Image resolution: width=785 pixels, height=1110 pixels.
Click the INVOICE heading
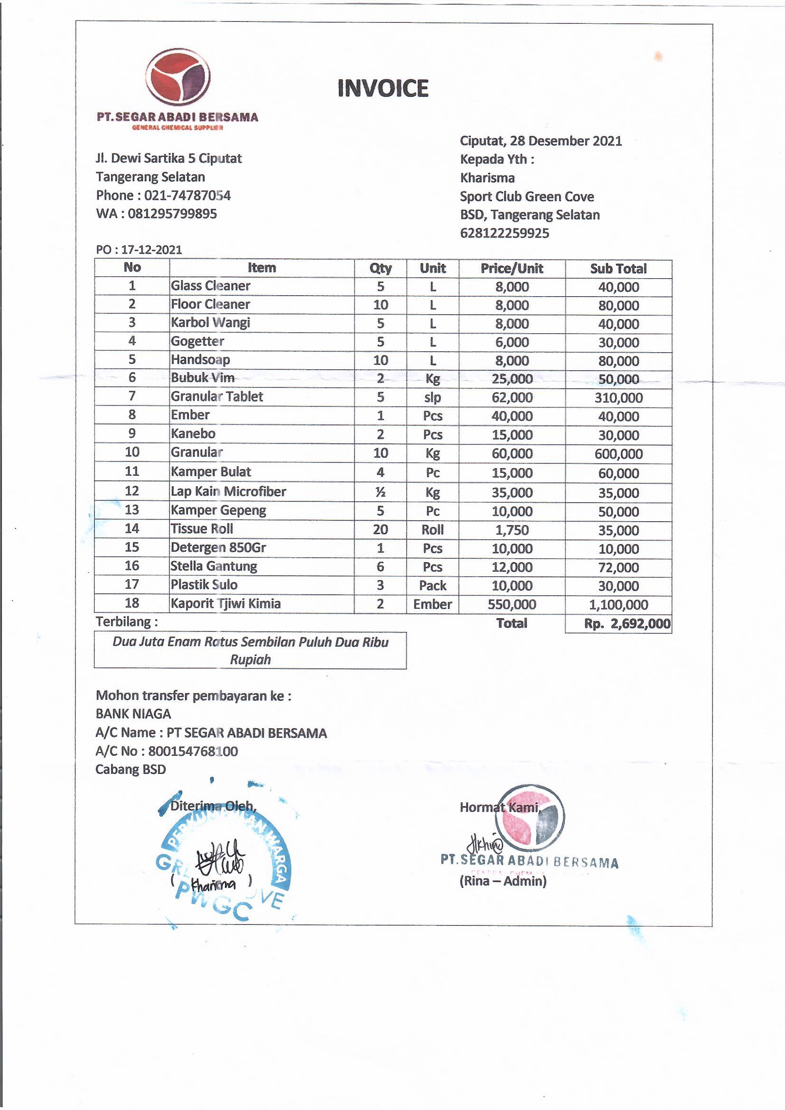coord(383,88)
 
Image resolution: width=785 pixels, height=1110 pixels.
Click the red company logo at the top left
coord(178,77)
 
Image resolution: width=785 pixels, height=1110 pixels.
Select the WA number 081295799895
coord(172,214)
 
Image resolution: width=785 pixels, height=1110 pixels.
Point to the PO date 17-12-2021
coord(151,249)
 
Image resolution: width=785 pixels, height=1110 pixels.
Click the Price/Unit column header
coord(512,268)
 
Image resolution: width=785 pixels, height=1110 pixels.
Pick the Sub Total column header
coord(618,269)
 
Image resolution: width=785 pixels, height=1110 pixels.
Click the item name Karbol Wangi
coord(210,322)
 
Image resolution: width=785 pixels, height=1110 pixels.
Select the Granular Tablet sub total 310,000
coord(618,398)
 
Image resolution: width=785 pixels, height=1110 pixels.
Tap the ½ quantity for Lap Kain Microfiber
coord(381,492)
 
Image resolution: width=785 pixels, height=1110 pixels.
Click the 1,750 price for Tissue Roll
coord(512,530)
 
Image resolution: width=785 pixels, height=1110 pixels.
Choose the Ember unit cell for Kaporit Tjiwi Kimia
coord(432,604)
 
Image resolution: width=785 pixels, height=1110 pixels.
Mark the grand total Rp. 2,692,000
coord(626,624)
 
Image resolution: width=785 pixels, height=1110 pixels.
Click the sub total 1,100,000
coord(618,604)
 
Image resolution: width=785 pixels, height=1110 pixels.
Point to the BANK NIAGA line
coord(133,714)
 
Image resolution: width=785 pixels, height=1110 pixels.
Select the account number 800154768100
coord(193,751)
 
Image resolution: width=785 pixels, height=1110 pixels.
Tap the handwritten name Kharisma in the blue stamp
coord(213,884)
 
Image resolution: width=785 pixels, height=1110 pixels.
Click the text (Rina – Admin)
coord(503,881)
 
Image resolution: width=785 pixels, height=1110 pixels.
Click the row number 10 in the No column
coord(132,452)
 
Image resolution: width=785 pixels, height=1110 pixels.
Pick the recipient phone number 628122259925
coord(504,233)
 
